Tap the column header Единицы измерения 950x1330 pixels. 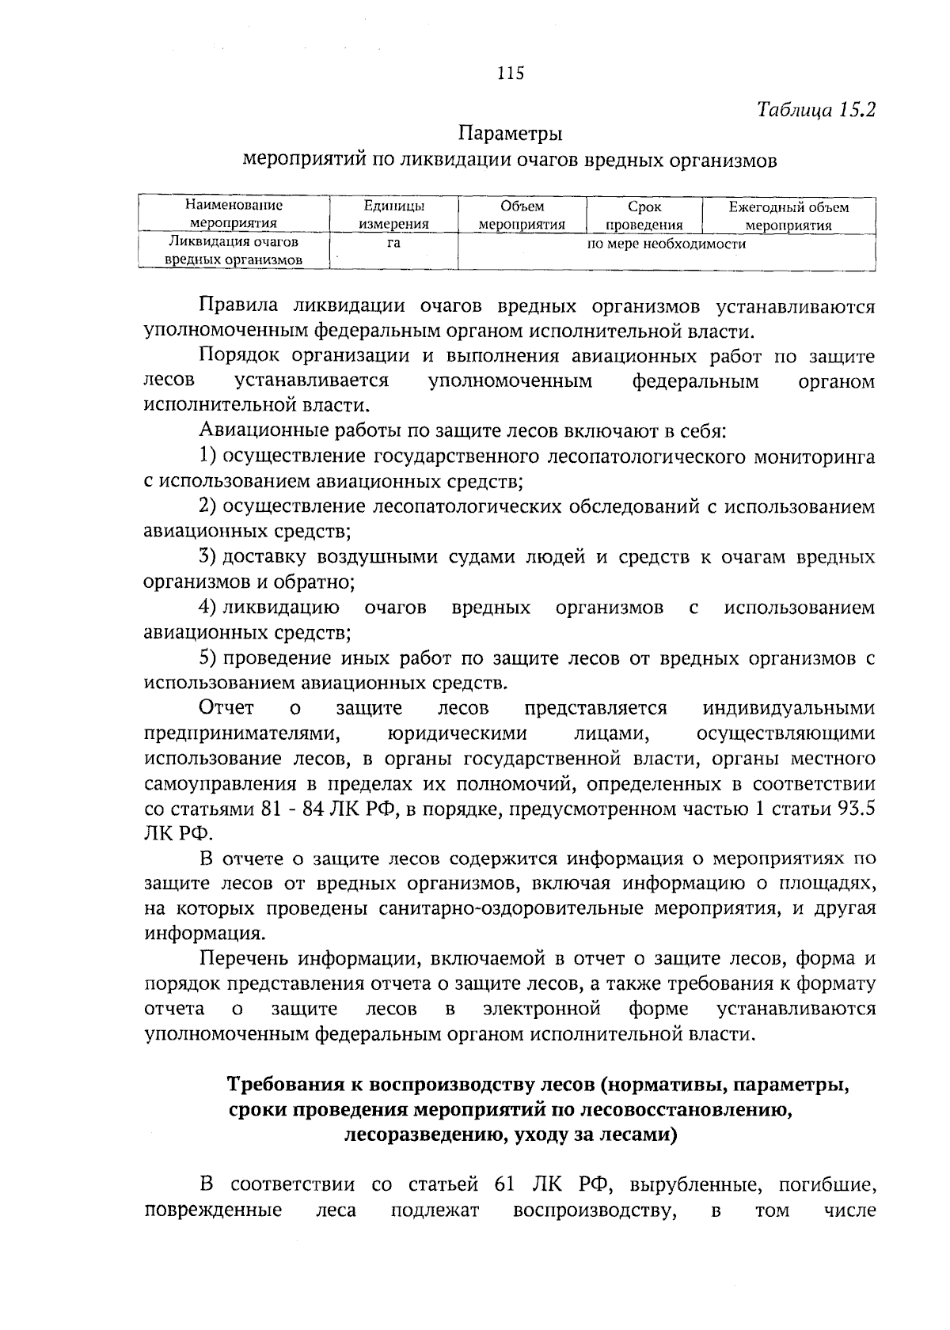click(393, 215)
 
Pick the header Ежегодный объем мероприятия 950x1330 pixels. click(788, 215)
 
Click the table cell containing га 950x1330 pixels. click(393, 244)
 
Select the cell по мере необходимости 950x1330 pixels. click(666, 244)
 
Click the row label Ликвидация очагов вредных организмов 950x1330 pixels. click(234, 251)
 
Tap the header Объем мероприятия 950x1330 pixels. click(522, 215)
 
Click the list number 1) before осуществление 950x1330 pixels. click(208, 457)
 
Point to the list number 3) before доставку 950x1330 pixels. click(208, 557)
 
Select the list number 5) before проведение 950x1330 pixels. click(208, 657)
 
